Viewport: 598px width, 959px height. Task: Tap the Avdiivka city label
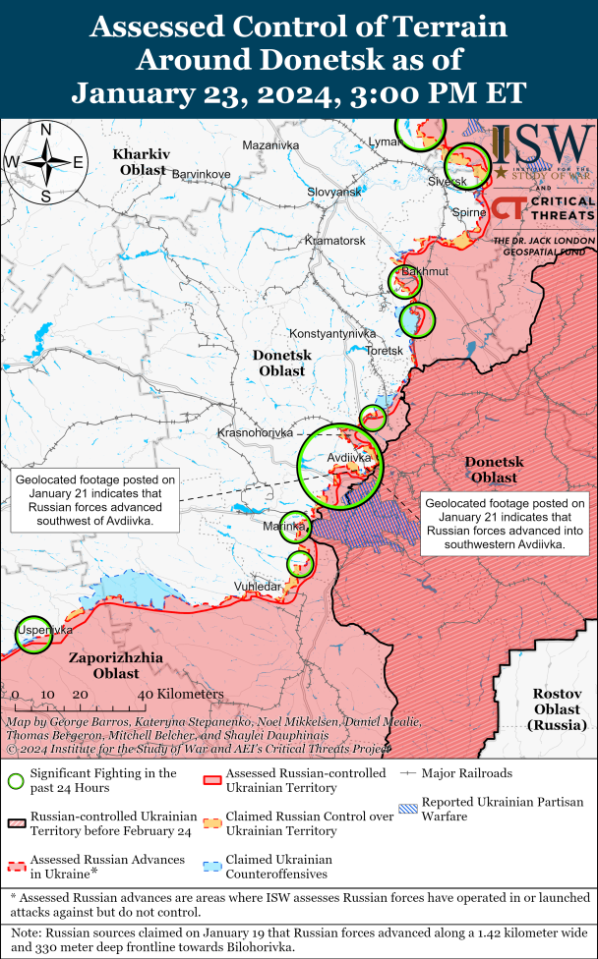(349, 457)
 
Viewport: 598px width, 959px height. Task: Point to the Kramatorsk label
(335, 240)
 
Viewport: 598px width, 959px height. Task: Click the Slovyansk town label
(333, 192)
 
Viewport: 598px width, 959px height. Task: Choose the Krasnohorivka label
(255, 432)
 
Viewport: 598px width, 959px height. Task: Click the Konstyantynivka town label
(332, 333)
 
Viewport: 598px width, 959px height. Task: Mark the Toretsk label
(385, 351)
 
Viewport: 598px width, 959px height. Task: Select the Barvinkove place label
(201, 174)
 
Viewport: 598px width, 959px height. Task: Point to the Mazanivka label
(269, 145)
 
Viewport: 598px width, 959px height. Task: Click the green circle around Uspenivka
(33, 635)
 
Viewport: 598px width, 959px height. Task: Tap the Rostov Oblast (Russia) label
(557, 707)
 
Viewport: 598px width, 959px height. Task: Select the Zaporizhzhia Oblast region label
(116, 665)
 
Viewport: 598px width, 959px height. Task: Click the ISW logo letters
(542, 144)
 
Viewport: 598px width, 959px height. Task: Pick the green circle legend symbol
(15, 781)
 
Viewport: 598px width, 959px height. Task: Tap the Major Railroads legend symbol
(409, 774)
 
